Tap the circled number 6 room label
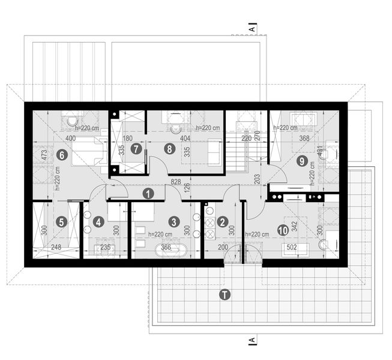pyautogui.click(x=60, y=154)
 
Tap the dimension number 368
pyautogui.click(x=306, y=139)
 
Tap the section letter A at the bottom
pyautogui.click(x=253, y=341)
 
